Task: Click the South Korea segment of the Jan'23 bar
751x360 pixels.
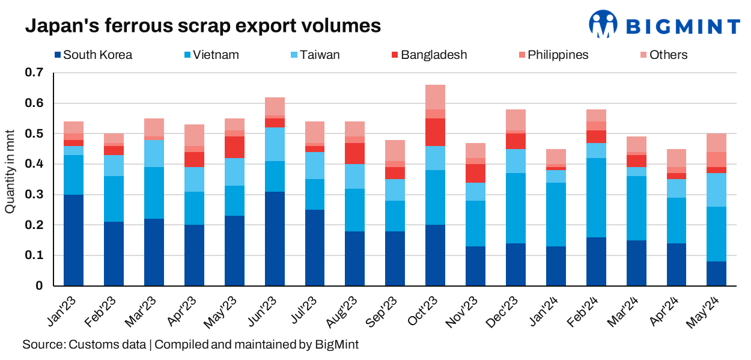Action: click(73, 240)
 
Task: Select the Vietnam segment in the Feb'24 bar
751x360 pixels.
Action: click(596, 198)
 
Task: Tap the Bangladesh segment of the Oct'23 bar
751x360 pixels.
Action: click(435, 132)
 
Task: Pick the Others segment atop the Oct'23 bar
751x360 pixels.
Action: click(435, 97)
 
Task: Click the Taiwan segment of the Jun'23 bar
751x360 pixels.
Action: click(275, 144)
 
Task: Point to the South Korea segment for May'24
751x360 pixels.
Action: click(717, 273)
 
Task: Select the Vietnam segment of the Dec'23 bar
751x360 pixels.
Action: click(515, 208)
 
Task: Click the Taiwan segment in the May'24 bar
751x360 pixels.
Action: click(717, 190)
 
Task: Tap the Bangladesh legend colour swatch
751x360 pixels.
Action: click(394, 55)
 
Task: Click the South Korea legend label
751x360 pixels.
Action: click(97, 55)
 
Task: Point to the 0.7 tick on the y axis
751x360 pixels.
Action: click(35, 73)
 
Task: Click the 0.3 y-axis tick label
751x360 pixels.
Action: click(35, 195)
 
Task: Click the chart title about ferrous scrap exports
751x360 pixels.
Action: click(202, 26)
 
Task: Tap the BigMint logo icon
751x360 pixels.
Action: click(603, 25)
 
